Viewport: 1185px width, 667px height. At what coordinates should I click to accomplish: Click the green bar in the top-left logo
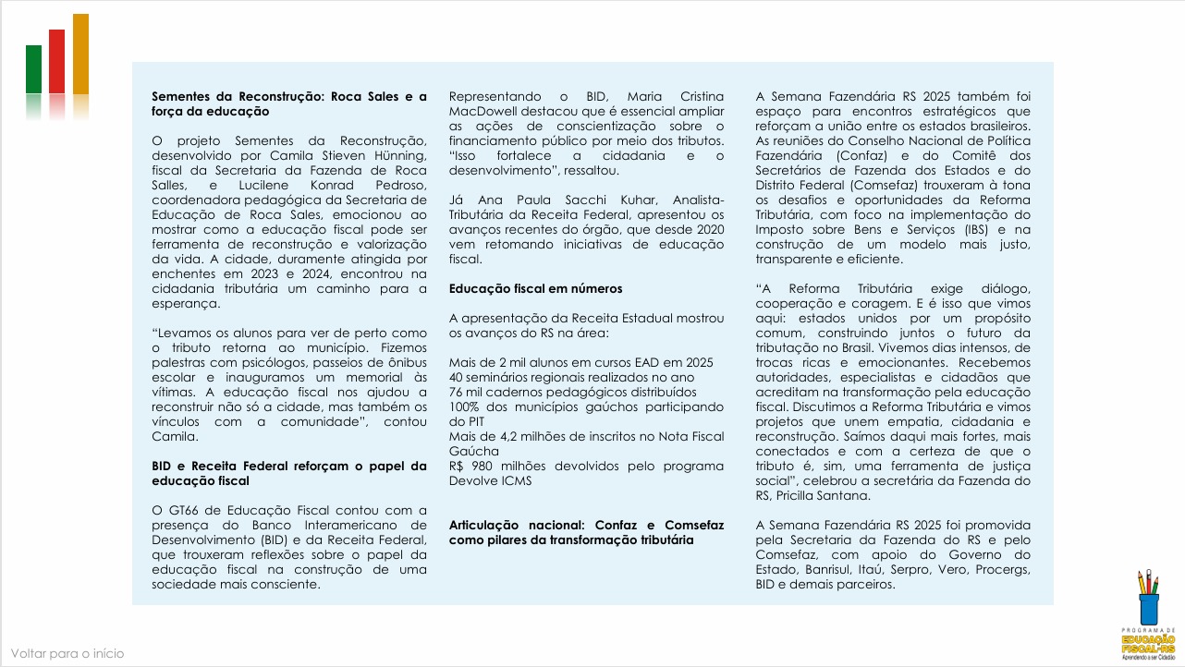click(x=33, y=68)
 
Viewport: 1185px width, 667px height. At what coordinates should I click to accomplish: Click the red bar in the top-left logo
click(x=57, y=61)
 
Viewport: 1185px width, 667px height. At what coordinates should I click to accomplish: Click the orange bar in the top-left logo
click(x=80, y=53)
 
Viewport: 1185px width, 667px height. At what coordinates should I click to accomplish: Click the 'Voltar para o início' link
click(x=67, y=653)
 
